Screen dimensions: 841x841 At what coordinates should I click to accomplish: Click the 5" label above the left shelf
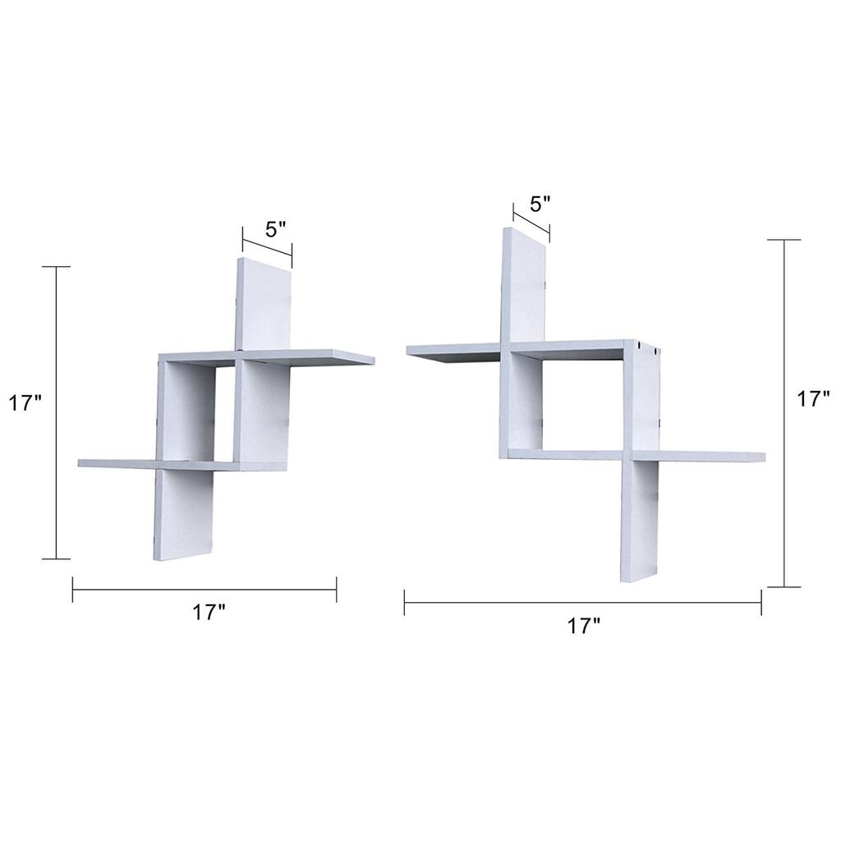[276, 229]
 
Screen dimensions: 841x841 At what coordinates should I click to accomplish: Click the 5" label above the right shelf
[540, 203]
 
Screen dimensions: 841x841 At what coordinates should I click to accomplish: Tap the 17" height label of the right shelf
[814, 399]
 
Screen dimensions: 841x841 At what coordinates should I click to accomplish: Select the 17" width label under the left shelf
[209, 612]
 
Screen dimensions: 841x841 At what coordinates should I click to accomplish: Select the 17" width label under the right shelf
[584, 626]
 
